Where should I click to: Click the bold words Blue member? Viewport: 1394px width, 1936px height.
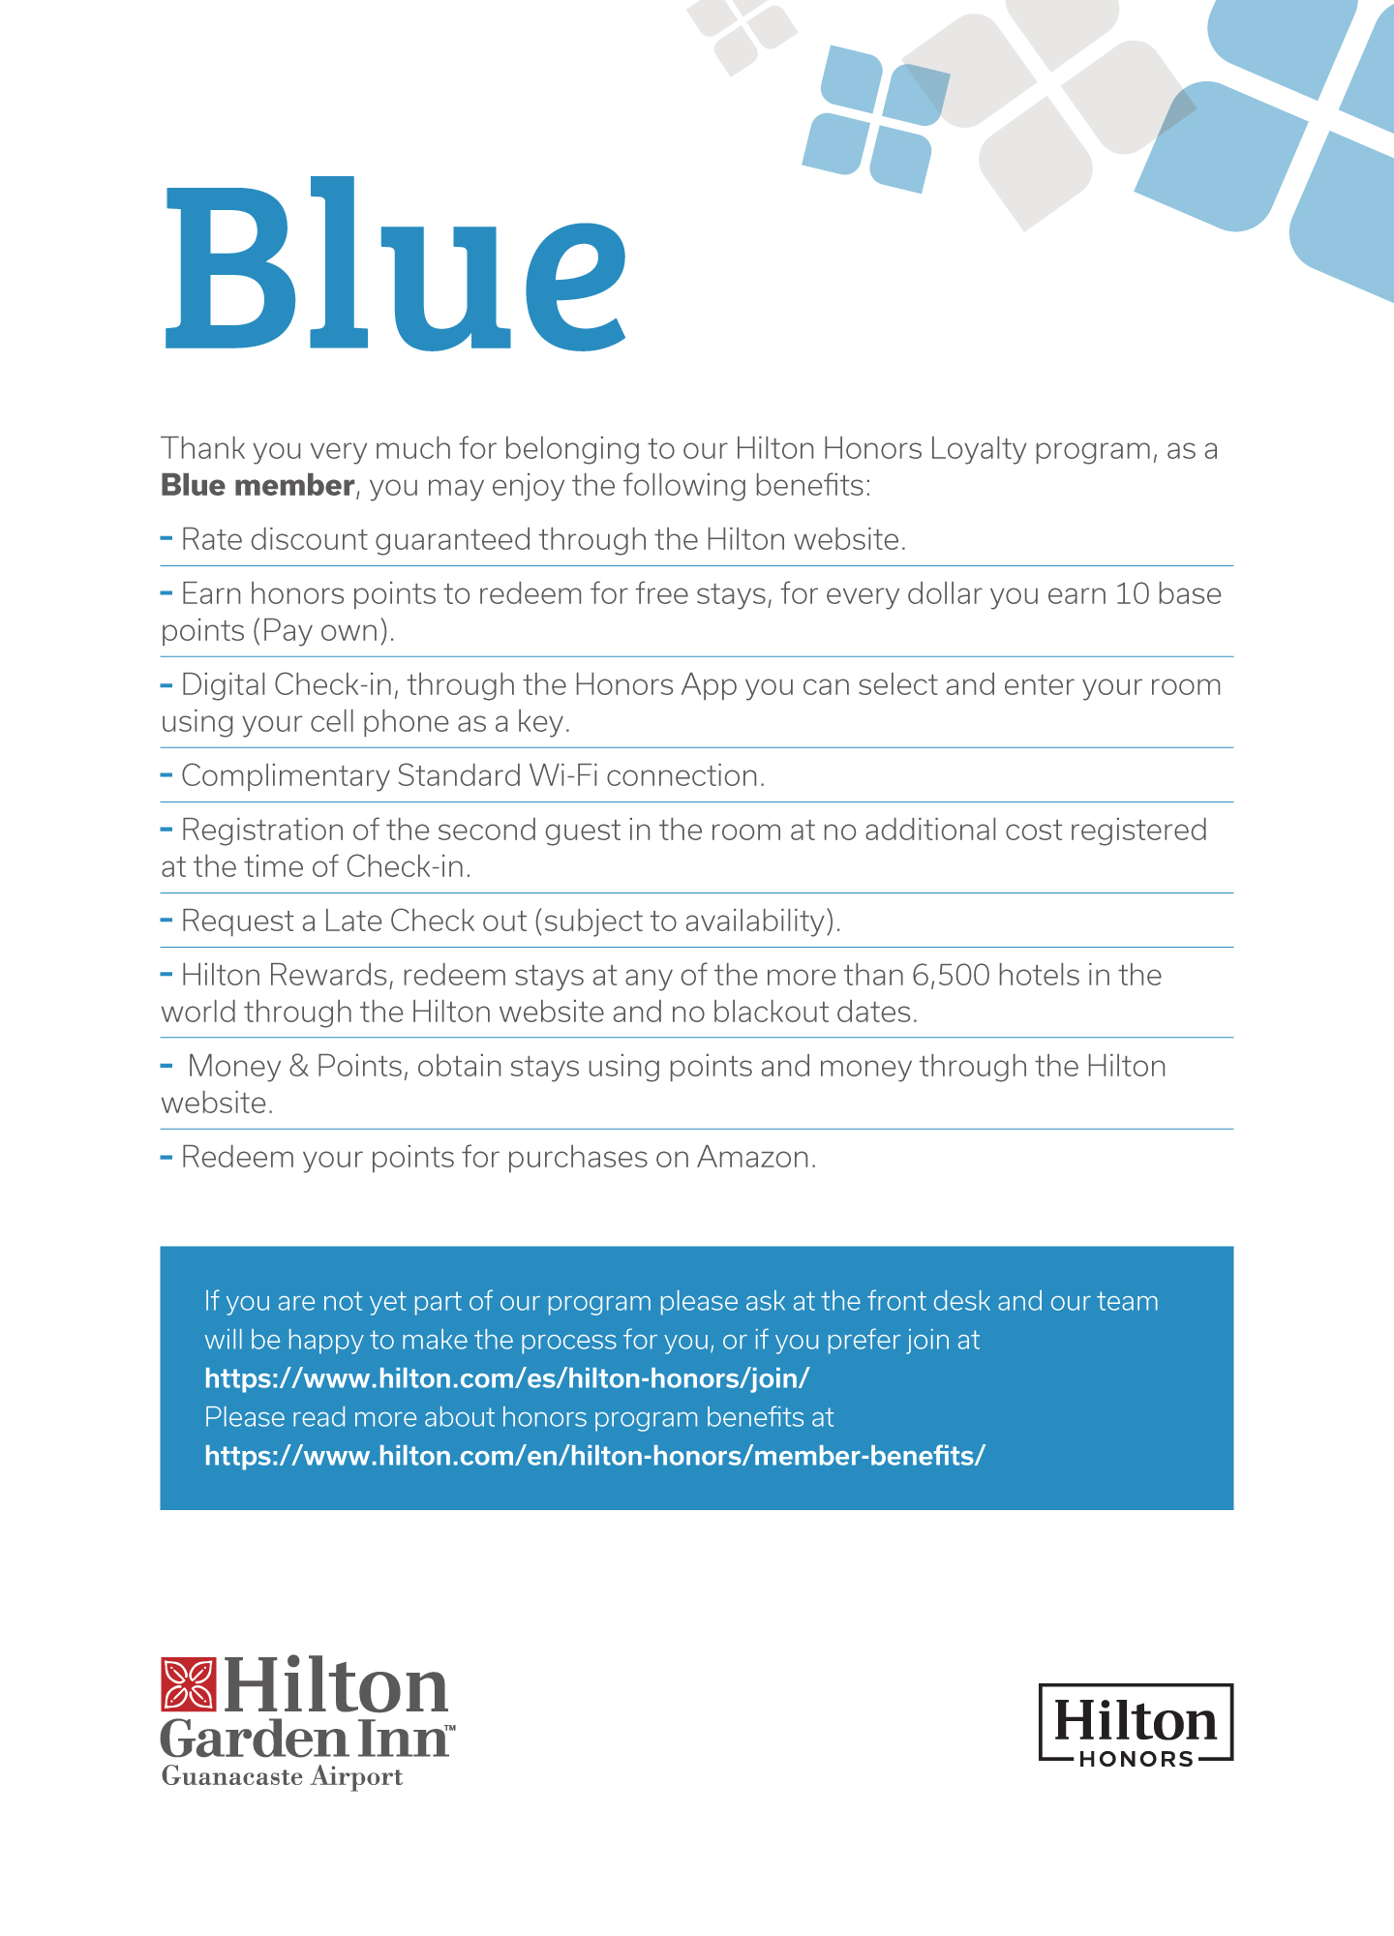pos(257,486)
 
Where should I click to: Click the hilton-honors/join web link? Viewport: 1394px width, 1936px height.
pos(506,1378)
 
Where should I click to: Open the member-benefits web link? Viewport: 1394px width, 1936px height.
pos(594,1456)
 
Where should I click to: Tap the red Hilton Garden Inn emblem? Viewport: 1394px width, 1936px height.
pos(188,1684)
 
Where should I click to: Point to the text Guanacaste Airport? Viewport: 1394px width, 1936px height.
pos(282,1777)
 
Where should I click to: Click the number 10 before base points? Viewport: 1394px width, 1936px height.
pos(1131,594)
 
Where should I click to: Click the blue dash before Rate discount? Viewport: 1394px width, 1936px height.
pos(167,537)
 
